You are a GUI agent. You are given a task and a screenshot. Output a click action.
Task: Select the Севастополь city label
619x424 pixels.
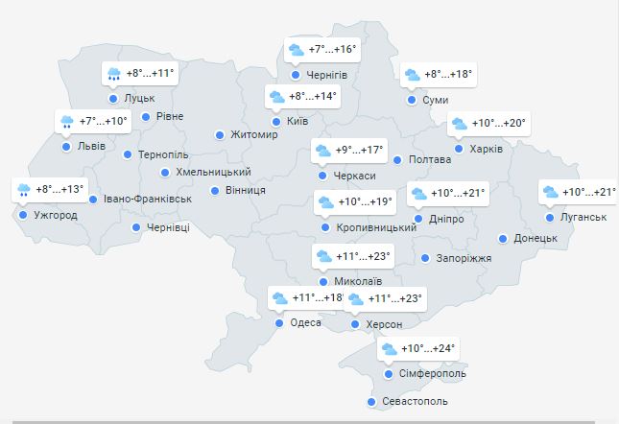coord(415,402)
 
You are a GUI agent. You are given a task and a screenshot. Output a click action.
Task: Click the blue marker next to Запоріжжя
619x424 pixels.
coord(425,258)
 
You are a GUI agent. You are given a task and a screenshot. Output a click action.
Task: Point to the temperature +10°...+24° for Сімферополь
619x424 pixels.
coord(429,348)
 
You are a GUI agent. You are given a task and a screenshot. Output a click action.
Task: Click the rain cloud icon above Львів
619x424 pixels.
coord(67,122)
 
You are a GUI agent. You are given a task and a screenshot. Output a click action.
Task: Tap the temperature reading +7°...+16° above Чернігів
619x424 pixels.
coord(333,50)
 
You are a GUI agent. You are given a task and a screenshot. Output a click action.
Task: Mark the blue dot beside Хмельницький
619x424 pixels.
coord(164,173)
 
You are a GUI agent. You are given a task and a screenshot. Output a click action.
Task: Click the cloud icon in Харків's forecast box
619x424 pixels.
coord(460,124)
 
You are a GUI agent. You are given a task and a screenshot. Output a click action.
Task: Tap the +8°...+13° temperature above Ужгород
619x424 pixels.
coord(60,189)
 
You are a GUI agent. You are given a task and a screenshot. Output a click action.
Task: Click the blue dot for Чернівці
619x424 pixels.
coord(136,227)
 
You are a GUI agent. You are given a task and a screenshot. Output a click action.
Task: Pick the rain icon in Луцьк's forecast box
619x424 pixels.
coord(114,74)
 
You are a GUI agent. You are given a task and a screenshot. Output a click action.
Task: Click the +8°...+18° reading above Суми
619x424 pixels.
coord(449,74)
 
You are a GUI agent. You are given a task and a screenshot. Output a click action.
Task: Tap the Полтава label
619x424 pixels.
coord(429,159)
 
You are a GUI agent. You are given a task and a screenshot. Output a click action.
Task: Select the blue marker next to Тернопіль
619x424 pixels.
coord(128,154)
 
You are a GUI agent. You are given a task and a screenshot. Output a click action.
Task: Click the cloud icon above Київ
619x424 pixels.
coord(277,97)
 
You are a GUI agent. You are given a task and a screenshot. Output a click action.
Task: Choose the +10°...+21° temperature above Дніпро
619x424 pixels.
coord(459,194)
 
